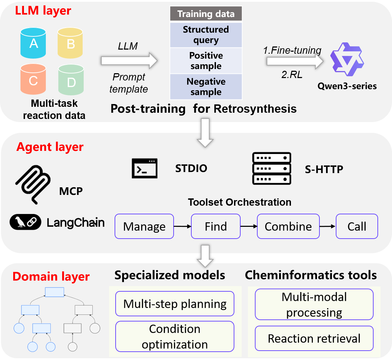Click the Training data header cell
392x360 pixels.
pyautogui.click(x=206, y=14)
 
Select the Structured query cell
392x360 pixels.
pyautogui.click(x=206, y=35)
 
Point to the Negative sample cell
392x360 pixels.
pyautogui.click(x=206, y=87)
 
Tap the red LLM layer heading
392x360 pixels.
pyautogui.click(x=43, y=10)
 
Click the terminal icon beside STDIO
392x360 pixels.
pyautogui.click(x=144, y=168)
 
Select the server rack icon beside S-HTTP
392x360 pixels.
pyautogui.click(x=271, y=169)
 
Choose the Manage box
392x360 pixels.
pyautogui.click(x=144, y=226)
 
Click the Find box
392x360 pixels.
pyautogui.click(x=216, y=226)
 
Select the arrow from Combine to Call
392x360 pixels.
pyautogui.click(x=327, y=226)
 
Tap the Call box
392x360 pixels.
pyautogui.click(x=357, y=226)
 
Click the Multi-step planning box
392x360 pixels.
pyautogui.click(x=175, y=304)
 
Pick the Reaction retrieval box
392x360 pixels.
pyautogui.click(x=314, y=338)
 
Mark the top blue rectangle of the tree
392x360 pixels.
pyautogui.click(x=55, y=292)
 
